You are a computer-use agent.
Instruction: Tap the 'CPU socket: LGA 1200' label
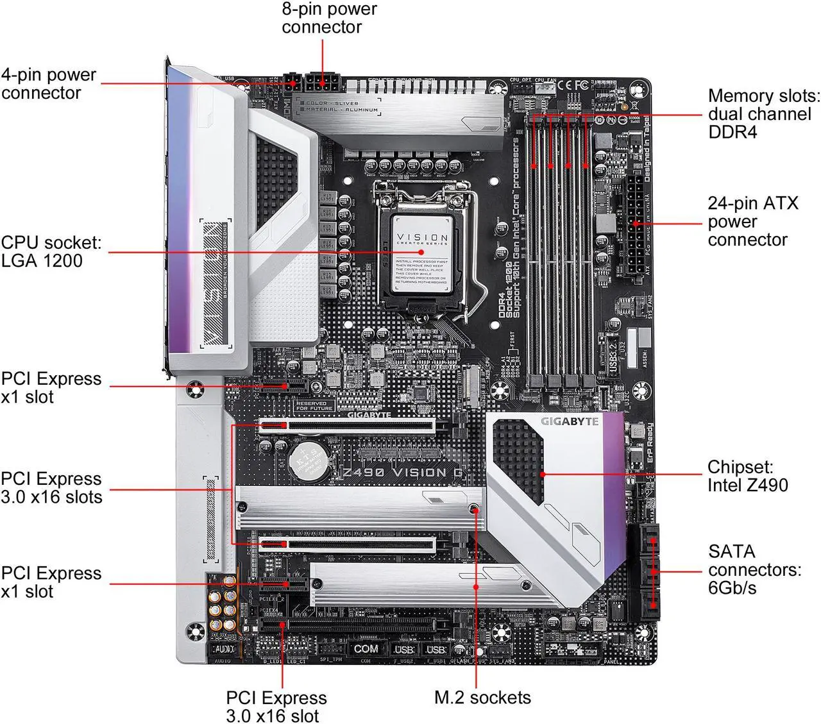pos(51,251)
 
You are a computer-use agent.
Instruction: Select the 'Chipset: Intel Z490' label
pos(747,476)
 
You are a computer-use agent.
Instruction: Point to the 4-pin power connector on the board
pos(294,83)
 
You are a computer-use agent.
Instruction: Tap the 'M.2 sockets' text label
pos(482,698)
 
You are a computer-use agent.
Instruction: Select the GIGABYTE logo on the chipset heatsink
pos(570,421)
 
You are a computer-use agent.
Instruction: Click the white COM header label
pos(366,648)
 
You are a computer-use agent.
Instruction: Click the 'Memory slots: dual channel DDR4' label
pos(763,114)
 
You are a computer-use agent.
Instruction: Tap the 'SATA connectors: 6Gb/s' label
pos(754,569)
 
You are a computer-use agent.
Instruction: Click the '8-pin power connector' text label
pos(329,18)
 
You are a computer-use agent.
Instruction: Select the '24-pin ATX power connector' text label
pos(752,221)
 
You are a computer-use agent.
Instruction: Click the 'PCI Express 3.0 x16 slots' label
pos(51,488)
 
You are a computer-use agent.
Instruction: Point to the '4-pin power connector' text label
pos(49,83)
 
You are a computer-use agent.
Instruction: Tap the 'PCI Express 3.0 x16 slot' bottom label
pos(276,706)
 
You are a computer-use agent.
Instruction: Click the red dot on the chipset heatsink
pos(543,475)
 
